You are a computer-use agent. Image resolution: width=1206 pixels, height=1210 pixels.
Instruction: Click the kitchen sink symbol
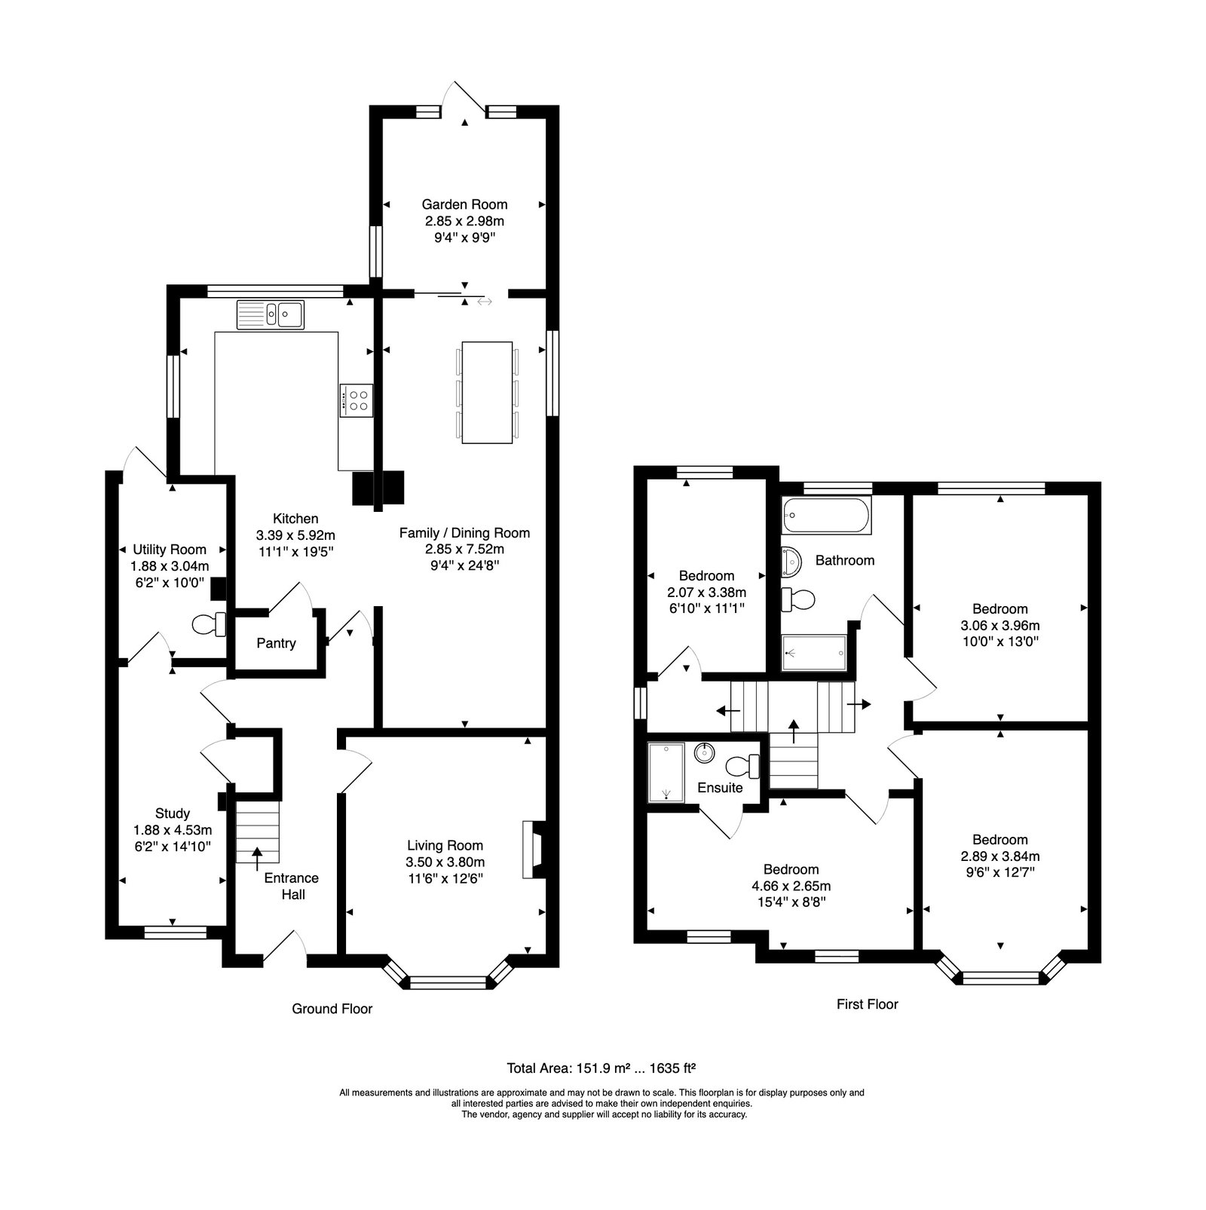(270, 314)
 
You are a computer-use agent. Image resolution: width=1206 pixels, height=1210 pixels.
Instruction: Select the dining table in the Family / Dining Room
(488, 392)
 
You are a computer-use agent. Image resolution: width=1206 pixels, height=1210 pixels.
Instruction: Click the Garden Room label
(464, 204)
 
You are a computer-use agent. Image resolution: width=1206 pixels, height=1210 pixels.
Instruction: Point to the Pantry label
(276, 643)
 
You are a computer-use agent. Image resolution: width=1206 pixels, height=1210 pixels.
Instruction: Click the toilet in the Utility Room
(209, 624)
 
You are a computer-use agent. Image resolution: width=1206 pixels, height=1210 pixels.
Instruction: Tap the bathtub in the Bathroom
(826, 516)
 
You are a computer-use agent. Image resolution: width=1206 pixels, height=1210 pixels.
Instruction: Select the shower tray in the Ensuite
(667, 772)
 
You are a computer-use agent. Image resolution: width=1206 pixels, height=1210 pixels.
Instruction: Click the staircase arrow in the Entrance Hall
(257, 853)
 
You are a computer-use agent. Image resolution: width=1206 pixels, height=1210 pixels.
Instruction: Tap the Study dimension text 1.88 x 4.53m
(173, 830)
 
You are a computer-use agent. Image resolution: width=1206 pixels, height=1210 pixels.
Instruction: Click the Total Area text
(601, 1068)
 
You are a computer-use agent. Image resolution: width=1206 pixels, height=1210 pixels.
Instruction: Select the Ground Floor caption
(332, 1009)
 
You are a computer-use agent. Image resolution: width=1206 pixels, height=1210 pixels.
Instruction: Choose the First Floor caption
(868, 1004)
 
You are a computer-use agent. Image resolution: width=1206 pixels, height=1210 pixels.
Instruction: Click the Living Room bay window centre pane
(448, 982)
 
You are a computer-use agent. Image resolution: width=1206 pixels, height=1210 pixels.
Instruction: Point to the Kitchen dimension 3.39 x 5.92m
(296, 535)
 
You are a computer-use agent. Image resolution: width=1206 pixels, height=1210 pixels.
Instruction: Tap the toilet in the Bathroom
(799, 600)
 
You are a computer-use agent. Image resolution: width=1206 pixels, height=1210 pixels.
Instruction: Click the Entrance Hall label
(292, 887)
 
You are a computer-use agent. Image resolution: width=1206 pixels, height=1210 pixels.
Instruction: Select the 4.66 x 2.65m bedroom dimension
(791, 887)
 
